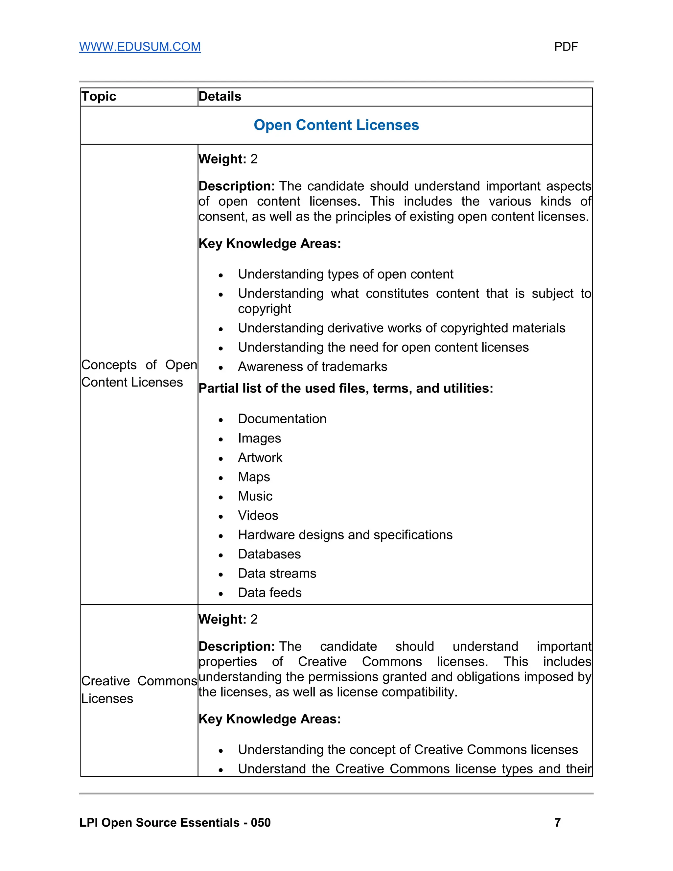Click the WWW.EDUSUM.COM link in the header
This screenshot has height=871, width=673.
(140, 47)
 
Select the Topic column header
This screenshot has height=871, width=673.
(99, 97)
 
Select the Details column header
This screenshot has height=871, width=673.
(220, 97)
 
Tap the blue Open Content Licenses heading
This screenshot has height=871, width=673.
(336, 125)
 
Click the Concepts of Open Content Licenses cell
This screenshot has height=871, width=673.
(139, 373)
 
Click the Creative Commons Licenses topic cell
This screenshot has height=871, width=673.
(139, 690)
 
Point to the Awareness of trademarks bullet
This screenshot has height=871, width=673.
(312, 366)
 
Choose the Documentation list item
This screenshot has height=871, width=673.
(282, 419)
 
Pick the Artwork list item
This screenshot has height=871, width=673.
(260, 458)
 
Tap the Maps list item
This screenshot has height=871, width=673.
(254, 477)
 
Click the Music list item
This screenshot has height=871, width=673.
(255, 496)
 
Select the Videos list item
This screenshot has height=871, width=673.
(258, 515)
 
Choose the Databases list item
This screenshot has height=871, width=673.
(269, 554)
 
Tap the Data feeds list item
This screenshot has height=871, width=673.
(269, 593)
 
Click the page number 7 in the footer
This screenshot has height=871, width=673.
(557, 822)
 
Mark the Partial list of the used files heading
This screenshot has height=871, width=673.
(346, 388)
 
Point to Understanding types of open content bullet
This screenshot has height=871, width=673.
(345, 274)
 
